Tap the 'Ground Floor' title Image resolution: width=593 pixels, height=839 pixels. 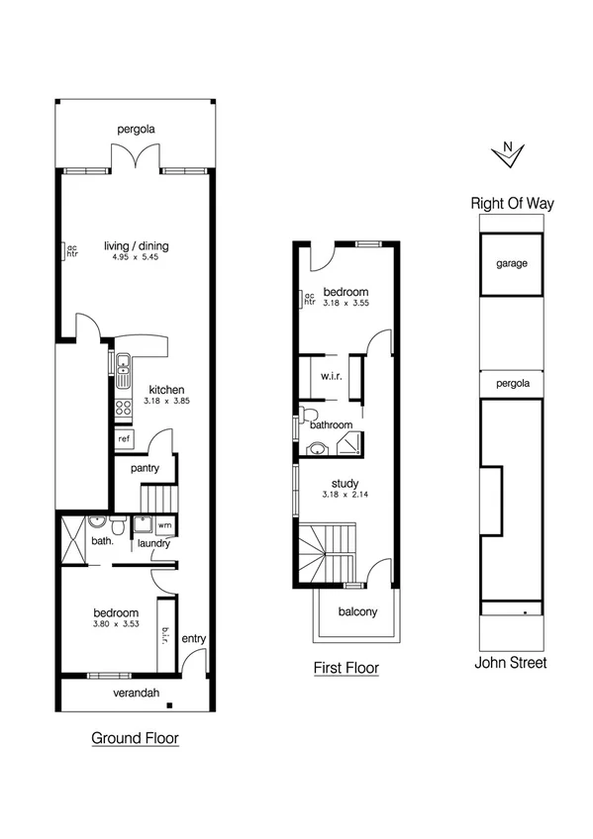(135, 737)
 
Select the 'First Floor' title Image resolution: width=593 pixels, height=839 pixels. (346, 668)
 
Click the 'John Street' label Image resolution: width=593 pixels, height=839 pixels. (511, 663)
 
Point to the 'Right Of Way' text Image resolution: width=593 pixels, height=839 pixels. (512, 204)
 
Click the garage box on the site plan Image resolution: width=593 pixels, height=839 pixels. (512, 264)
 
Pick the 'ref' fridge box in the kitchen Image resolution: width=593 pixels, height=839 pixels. (124, 438)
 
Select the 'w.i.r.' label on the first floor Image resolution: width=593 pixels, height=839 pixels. (331, 376)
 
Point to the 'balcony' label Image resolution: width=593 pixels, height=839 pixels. (357, 611)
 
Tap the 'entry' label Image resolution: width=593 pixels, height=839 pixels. (194, 638)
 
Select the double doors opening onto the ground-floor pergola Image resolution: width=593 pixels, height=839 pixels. (135, 158)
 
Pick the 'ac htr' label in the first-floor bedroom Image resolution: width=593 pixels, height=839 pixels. (309, 298)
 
